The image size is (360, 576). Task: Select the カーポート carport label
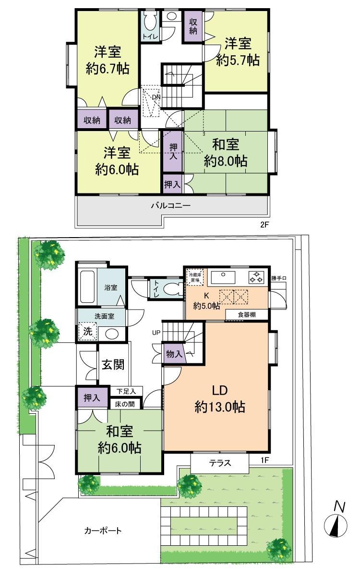pyautogui.click(x=103, y=531)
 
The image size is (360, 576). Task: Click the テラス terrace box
pyautogui.click(x=220, y=463)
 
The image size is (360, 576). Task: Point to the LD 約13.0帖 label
pyautogui.click(x=220, y=398)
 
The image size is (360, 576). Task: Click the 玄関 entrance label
pyautogui.click(x=113, y=364)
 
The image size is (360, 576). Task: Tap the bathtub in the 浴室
pyautogui.click(x=87, y=287)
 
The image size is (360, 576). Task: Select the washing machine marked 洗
pyautogui.click(x=88, y=331)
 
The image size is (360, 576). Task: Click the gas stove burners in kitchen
pyautogui.click(x=256, y=277)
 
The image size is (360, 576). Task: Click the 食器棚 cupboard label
pyautogui.click(x=247, y=315)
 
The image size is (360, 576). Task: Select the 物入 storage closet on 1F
pyautogui.click(x=173, y=354)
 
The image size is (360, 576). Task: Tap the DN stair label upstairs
pyautogui.click(x=156, y=97)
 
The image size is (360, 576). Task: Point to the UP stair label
pyautogui.click(x=156, y=332)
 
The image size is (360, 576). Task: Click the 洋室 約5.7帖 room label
pyautogui.click(x=238, y=52)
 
